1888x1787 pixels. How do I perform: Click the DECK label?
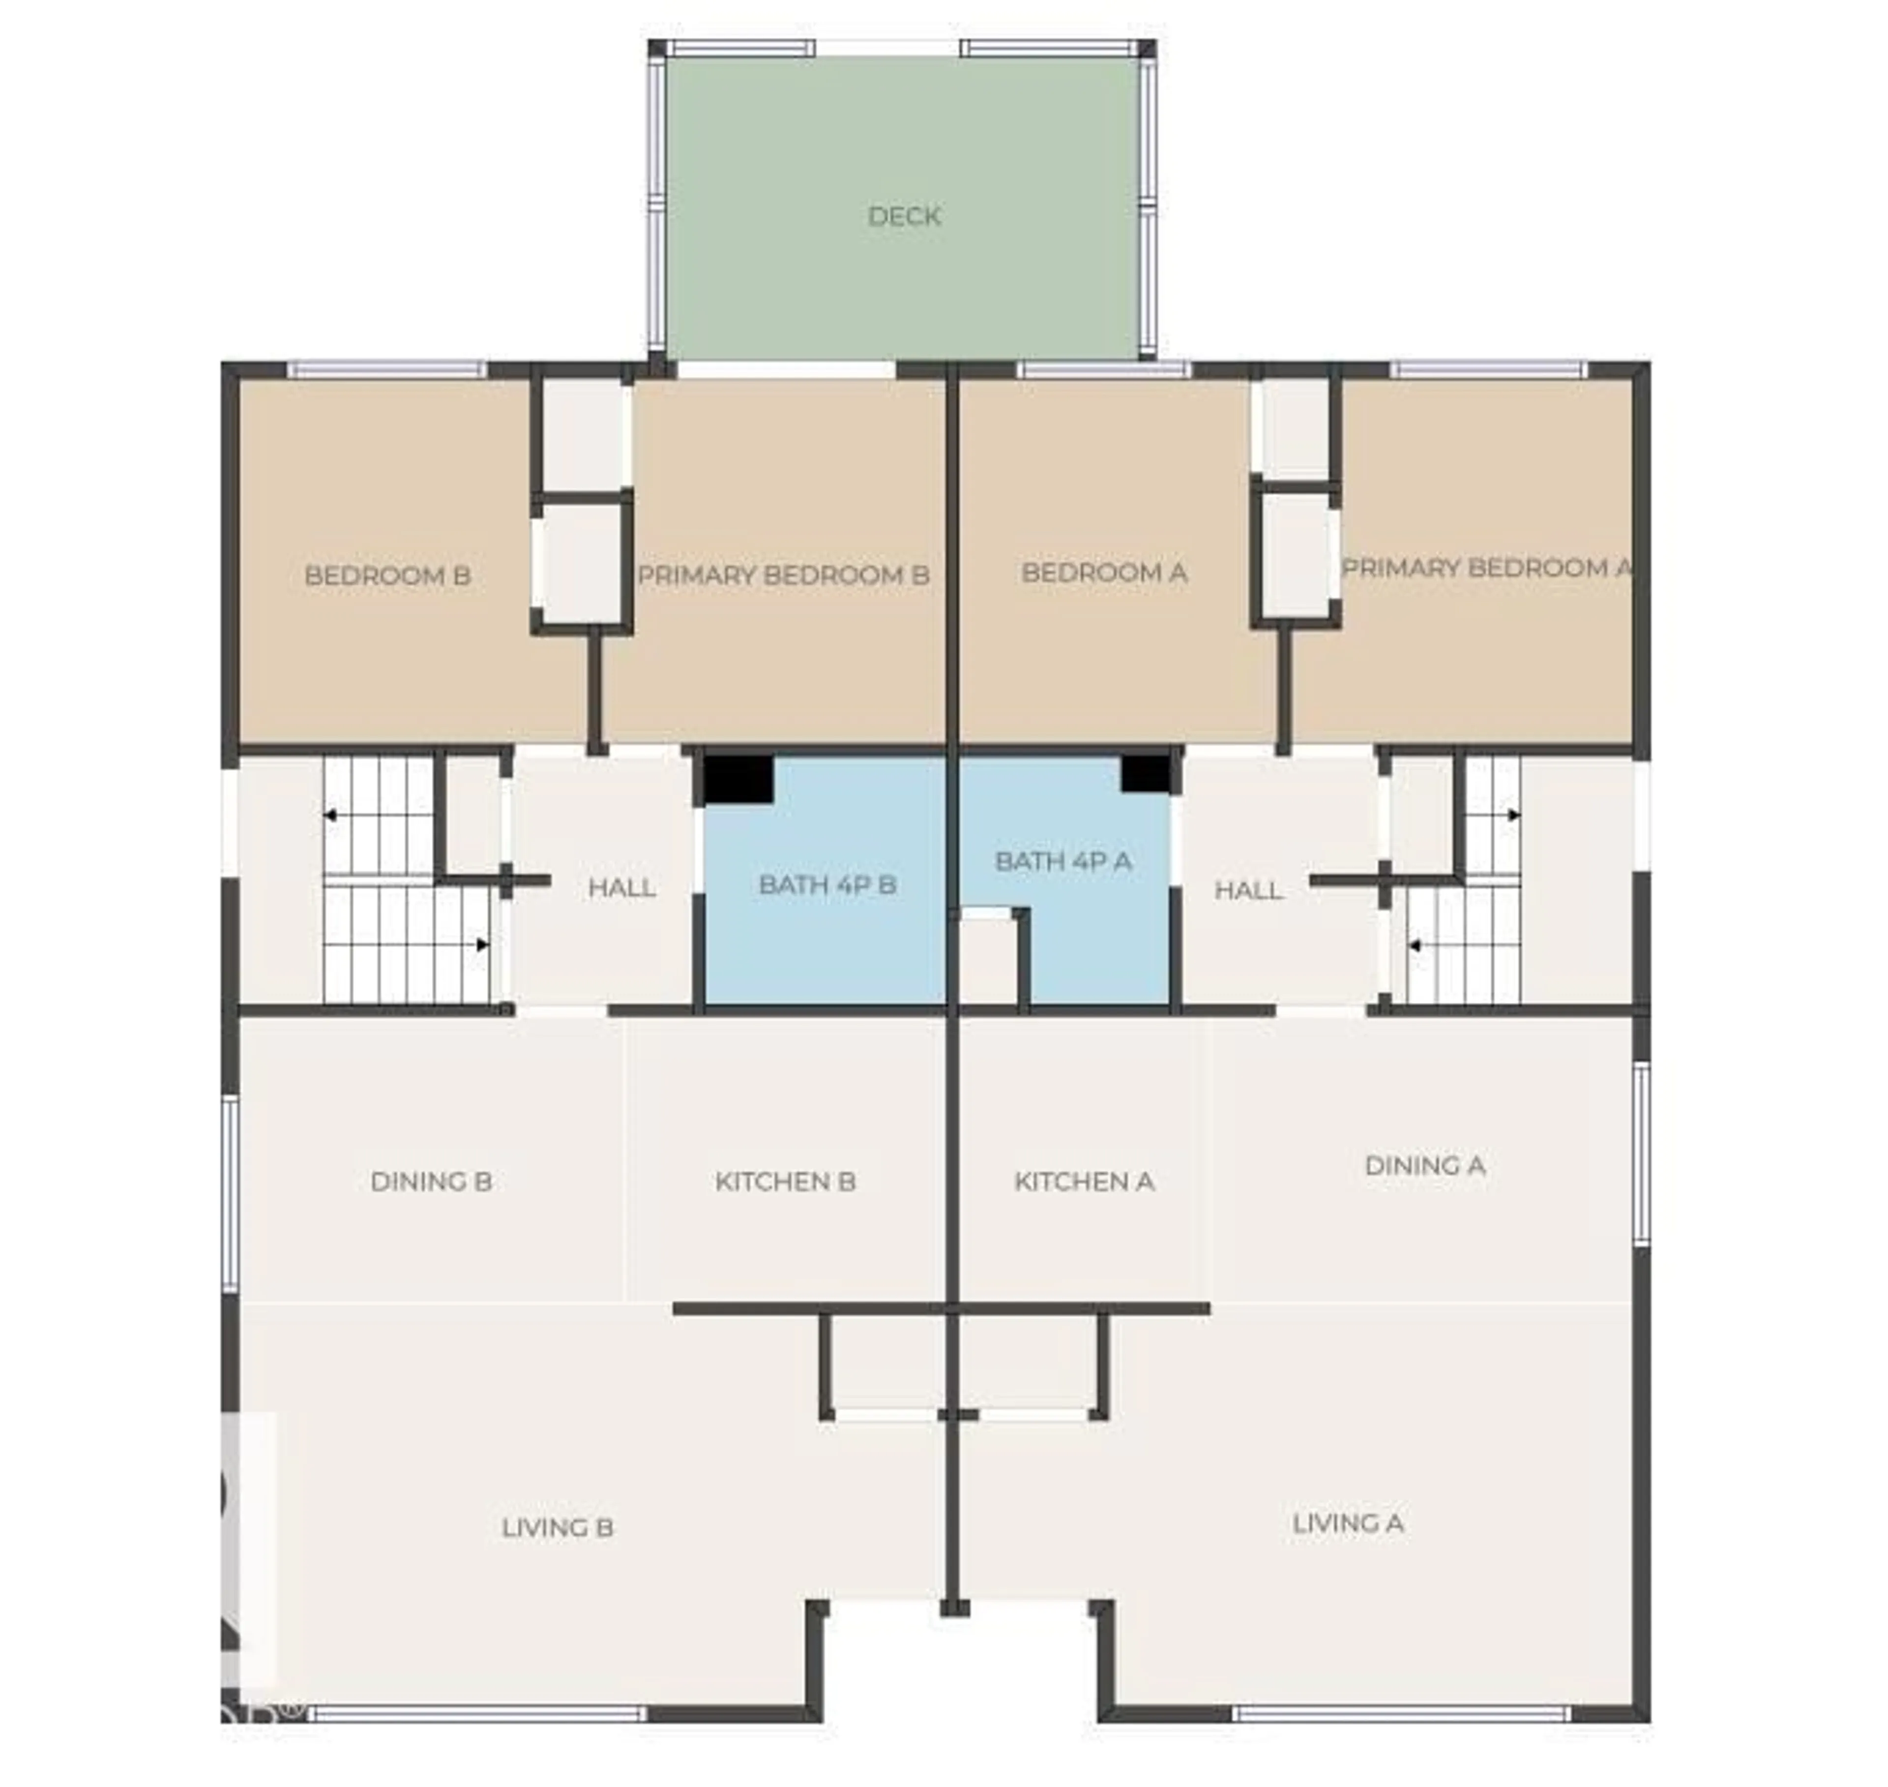coord(904,216)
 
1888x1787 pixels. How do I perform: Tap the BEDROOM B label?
coord(387,575)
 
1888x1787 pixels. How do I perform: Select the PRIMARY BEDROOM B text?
coord(783,575)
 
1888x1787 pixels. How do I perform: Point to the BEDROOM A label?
coord(1103,573)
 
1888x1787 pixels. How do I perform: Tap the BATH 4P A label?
coord(1062,861)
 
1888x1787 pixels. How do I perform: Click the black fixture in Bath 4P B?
coord(738,778)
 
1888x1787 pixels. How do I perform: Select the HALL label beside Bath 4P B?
coord(622,888)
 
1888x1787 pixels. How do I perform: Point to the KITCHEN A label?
coord(1085,1181)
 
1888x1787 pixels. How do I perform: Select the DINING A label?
coord(1424,1165)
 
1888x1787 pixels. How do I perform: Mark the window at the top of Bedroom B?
coord(387,369)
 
